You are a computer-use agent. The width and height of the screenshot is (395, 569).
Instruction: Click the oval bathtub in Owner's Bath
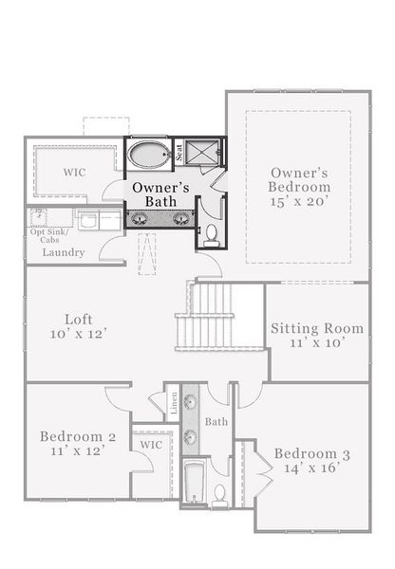click(148, 155)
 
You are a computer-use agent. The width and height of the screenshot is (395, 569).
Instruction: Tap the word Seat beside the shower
click(178, 153)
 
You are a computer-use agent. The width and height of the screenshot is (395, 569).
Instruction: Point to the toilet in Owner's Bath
click(212, 232)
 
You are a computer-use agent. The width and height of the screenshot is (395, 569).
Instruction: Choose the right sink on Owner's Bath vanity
click(179, 219)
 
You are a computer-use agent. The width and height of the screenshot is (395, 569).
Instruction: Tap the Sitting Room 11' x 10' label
click(316, 336)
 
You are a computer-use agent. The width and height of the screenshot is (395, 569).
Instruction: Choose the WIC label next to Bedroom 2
click(151, 445)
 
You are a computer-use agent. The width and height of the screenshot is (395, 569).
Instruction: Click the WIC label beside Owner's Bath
click(76, 174)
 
